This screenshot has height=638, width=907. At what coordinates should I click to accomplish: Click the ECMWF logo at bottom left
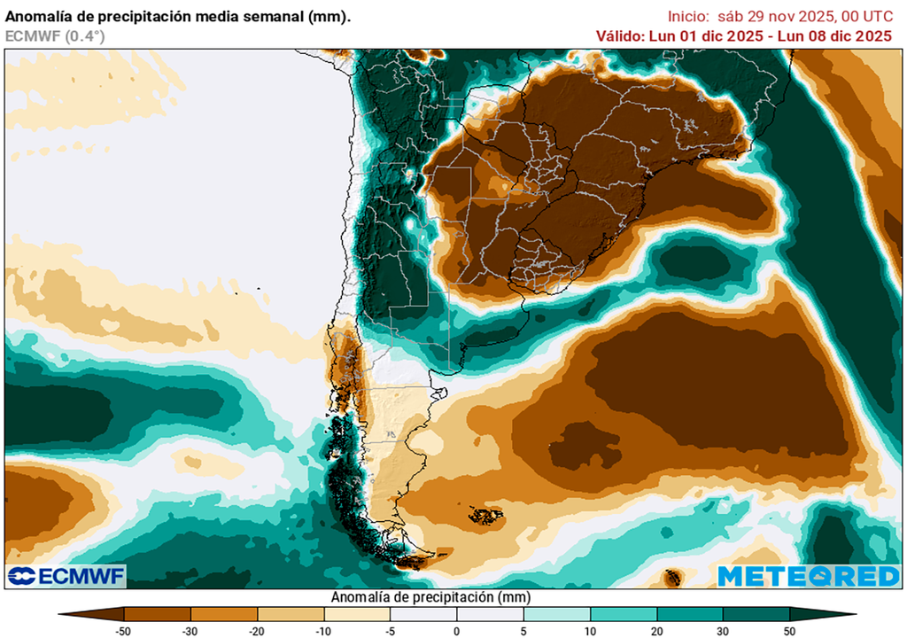[66, 576]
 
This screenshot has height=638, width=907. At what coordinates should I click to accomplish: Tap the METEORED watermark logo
[808, 576]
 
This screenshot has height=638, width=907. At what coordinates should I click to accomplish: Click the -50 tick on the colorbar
[124, 630]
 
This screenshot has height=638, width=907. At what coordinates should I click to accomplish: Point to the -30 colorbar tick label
[190, 630]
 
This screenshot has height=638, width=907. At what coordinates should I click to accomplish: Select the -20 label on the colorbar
[257, 630]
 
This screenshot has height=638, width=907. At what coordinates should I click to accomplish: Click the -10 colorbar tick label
[323, 630]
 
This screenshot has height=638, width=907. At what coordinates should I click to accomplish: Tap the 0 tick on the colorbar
[457, 630]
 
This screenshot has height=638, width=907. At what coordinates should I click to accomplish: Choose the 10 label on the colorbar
[590, 630]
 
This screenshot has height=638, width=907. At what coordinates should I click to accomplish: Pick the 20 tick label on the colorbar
[656, 630]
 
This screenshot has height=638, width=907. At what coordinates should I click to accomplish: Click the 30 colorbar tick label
[723, 630]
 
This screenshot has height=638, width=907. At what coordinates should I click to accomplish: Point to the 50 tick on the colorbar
[789, 630]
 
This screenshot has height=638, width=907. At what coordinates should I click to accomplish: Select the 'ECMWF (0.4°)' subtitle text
[55, 35]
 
